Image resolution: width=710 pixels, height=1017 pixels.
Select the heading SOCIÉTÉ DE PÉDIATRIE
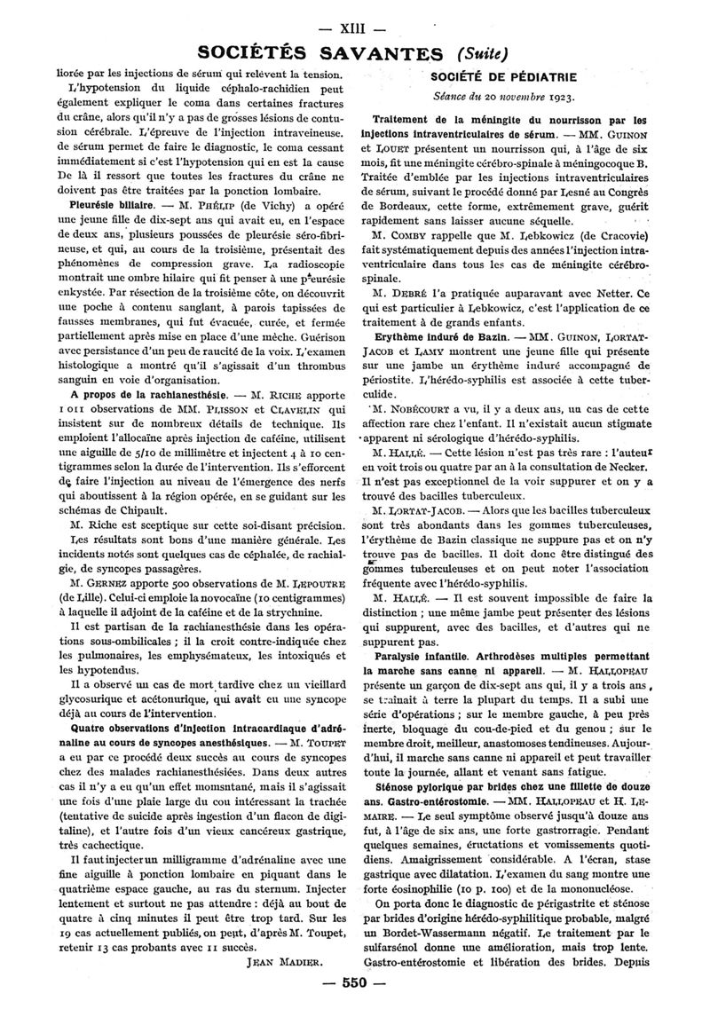point(511,75)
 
